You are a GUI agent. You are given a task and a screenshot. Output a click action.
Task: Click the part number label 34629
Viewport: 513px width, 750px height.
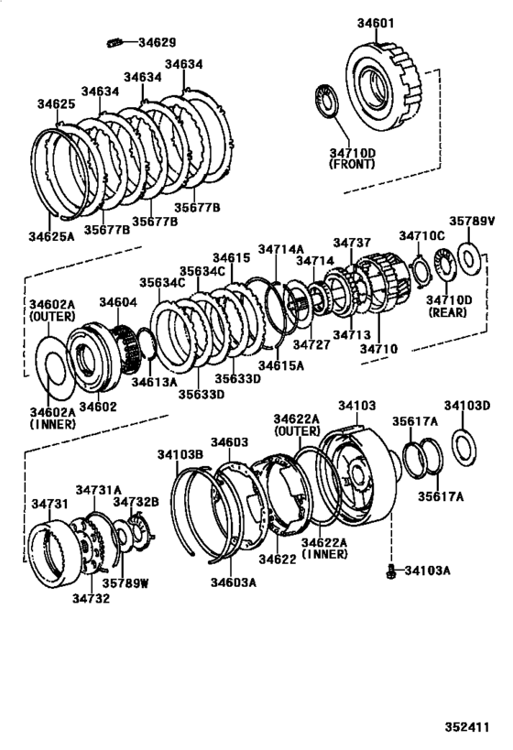157,42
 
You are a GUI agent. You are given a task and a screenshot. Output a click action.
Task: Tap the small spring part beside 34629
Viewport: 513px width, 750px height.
114,43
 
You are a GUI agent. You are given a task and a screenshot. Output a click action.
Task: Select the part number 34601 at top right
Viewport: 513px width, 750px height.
377,23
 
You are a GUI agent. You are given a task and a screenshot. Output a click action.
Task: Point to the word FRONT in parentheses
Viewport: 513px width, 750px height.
352,164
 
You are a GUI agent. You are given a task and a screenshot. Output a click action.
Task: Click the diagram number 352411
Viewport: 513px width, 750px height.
467,727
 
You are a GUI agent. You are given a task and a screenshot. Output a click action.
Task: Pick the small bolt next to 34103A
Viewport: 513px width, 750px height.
390,571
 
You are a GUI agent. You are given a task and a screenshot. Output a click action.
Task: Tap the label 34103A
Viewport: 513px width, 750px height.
427,571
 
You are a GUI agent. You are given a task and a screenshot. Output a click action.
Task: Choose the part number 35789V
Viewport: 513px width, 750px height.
472,221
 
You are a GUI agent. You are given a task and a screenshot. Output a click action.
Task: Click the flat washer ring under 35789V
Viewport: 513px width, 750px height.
468,258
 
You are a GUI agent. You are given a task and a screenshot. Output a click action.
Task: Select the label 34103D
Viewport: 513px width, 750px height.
467,406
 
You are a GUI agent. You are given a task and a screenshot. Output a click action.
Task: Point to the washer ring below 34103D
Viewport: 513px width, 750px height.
464,448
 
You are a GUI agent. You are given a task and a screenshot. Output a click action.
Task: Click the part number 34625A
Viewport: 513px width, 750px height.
51,236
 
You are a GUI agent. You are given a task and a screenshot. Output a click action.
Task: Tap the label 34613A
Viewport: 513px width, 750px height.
155,382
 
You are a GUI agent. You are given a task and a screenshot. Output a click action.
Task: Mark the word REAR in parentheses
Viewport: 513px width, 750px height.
449,312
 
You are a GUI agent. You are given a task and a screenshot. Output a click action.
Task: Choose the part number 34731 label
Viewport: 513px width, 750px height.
49,505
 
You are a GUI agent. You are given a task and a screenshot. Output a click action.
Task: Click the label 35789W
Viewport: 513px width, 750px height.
125,583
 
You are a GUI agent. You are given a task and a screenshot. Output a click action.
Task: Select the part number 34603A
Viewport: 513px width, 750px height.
234,582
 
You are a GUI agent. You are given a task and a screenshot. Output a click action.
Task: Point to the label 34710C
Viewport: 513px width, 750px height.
422,235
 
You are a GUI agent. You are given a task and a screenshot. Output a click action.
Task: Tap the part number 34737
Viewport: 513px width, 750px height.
352,243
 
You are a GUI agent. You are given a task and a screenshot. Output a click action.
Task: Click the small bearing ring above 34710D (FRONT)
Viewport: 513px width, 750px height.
328,100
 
